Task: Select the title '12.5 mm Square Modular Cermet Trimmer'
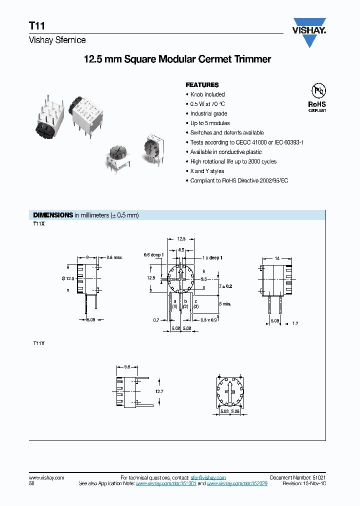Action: tap(177, 59)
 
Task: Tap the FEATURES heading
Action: tap(202, 85)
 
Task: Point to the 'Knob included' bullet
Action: tap(207, 94)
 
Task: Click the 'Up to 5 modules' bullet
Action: tap(210, 123)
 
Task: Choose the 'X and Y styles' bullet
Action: tap(207, 171)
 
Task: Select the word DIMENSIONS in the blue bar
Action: tap(52, 215)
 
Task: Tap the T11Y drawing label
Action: tap(39, 343)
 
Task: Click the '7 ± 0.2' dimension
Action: tap(226, 286)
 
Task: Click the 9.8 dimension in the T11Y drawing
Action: tap(127, 366)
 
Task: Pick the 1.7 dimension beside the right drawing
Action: tap(295, 324)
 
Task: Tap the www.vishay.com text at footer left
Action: tap(46, 478)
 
